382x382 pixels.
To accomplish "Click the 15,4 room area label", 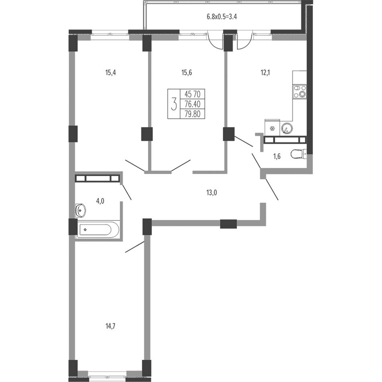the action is (x=110, y=73).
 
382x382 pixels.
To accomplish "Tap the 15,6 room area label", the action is (x=187, y=73).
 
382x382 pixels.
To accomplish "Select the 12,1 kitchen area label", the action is (x=265, y=73).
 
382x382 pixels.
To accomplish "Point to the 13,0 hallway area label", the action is (x=212, y=193).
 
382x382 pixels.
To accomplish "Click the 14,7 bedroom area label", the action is (x=110, y=326).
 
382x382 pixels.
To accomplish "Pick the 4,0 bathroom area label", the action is (x=100, y=201).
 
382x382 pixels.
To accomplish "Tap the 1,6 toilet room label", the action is (x=277, y=156).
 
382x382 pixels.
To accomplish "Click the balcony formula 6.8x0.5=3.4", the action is (x=222, y=16).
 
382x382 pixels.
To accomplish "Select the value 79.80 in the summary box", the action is (x=193, y=114).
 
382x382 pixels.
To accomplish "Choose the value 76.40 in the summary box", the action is (x=193, y=104).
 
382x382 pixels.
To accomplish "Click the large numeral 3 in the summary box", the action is (x=174, y=104).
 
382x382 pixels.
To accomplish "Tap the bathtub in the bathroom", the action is (x=98, y=229).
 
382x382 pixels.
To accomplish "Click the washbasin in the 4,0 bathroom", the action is (x=80, y=210).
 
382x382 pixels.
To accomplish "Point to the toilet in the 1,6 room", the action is (x=298, y=154).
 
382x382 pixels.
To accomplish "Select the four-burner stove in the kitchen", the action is (x=300, y=91).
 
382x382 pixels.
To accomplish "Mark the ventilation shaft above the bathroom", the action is (x=97, y=178).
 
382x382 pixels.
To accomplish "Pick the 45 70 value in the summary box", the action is (x=193, y=94).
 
